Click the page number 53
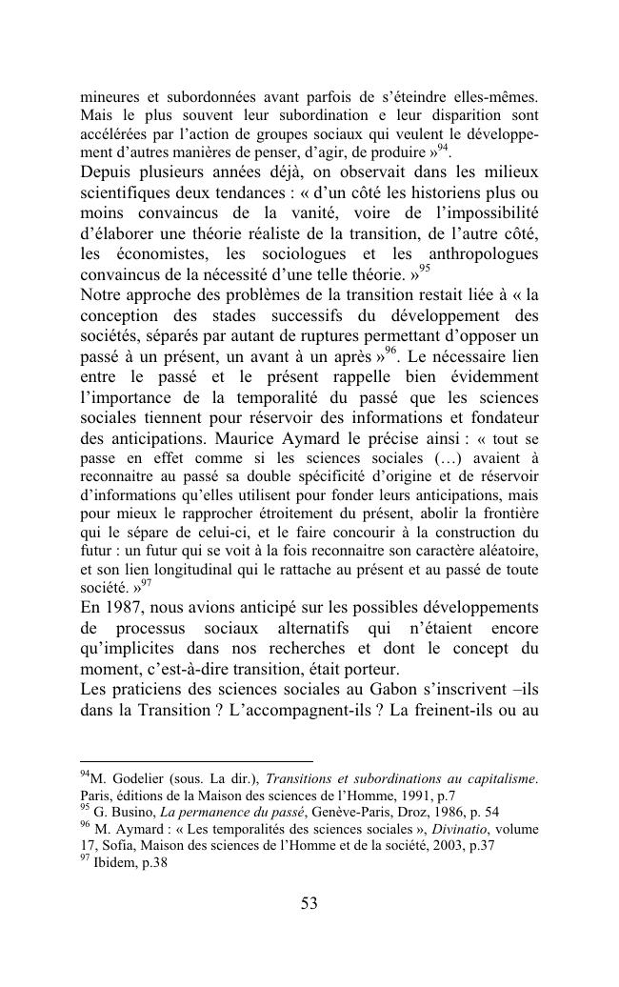tap(309, 904)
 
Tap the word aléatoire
tap(507, 552)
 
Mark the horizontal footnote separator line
tap(196, 761)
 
